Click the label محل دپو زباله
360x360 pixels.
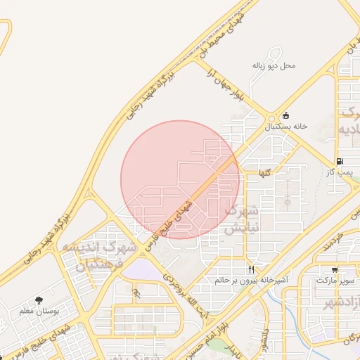[274, 65]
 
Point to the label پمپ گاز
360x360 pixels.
[340, 172]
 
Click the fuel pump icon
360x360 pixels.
[340, 161]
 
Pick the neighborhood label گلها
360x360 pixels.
[264, 172]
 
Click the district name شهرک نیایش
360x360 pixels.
[241, 219]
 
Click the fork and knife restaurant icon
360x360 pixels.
[251, 269]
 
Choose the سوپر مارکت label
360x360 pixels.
[332, 281]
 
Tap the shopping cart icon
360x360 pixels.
[334, 270]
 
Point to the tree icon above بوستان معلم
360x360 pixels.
[38, 300]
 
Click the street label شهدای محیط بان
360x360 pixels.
[221, 34]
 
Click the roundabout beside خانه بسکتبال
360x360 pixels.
[272, 118]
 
